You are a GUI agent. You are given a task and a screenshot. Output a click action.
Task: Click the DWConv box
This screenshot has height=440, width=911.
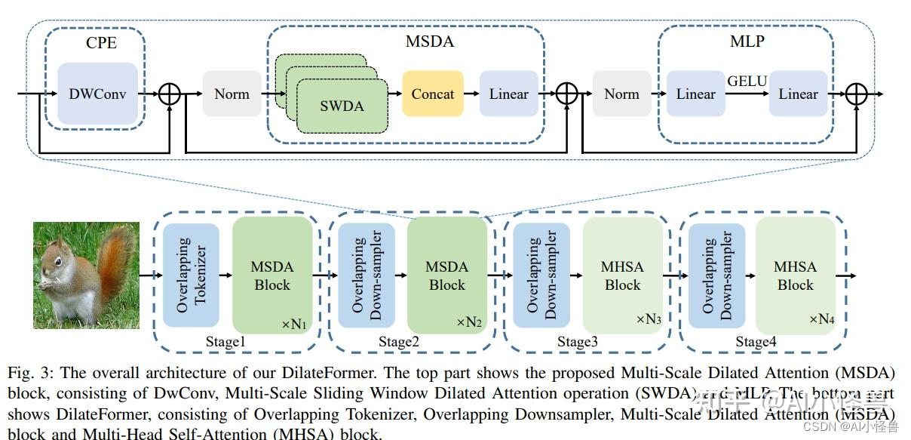pyautogui.click(x=98, y=94)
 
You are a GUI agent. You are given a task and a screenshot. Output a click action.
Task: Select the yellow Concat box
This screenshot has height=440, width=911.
pyautogui.click(x=433, y=94)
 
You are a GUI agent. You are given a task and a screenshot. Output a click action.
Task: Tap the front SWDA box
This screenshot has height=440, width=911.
pyautogui.click(x=342, y=106)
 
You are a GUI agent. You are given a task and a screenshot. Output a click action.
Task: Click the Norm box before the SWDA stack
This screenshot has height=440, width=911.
pyautogui.click(x=232, y=94)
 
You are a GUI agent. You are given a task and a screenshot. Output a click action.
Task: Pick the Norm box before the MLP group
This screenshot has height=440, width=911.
pyautogui.click(x=621, y=94)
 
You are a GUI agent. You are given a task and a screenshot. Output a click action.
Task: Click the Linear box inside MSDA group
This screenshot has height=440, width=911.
pyautogui.click(x=509, y=94)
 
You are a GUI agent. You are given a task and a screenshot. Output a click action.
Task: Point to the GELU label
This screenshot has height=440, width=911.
pyautogui.click(x=747, y=81)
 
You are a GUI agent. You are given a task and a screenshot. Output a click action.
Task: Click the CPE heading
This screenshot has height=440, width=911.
pyautogui.click(x=101, y=43)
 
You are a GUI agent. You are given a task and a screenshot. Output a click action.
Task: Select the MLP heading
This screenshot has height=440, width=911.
pyautogui.click(x=747, y=42)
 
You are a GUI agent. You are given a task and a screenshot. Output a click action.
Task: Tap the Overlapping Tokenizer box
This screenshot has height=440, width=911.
pyautogui.click(x=191, y=275)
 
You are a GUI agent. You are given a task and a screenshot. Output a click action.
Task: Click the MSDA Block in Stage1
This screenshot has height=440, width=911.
pyautogui.click(x=272, y=275)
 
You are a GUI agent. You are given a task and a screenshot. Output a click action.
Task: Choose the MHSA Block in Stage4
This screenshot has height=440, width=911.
pyautogui.click(x=796, y=275)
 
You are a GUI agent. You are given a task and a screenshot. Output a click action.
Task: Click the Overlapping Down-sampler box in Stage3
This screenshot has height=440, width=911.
pyautogui.click(x=541, y=275)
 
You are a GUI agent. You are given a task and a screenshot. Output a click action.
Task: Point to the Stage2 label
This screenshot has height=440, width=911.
pyautogui.click(x=399, y=342)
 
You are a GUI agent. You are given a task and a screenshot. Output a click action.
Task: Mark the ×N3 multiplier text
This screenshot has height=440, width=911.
pyautogui.click(x=649, y=319)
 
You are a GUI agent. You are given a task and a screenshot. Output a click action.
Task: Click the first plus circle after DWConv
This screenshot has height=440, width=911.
pyautogui.click(x=170, y=94)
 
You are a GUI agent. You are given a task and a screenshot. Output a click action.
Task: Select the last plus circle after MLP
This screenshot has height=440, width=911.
pyautogui.click(x=856, y=94)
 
